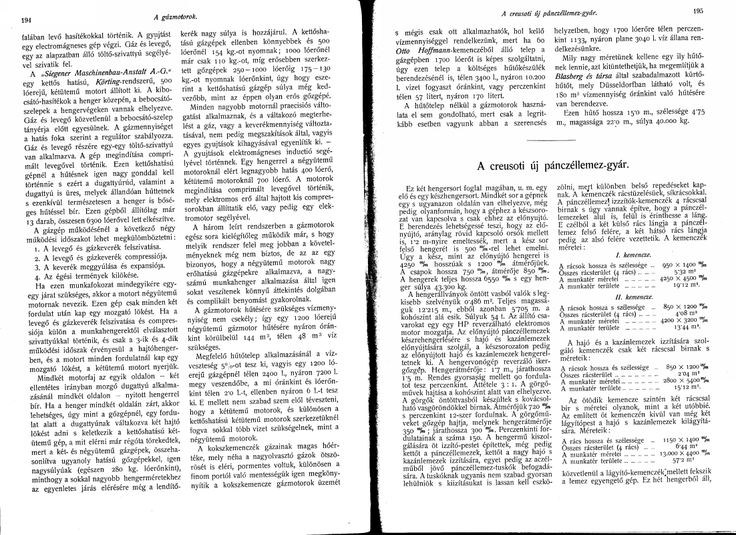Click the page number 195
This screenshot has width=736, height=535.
pyautogui.click(x=699, y=11)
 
